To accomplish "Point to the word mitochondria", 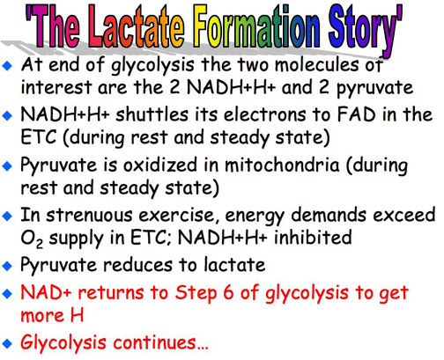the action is click(282, 165).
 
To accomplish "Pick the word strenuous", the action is click(89, 215).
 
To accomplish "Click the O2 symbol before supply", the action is click(32, 239).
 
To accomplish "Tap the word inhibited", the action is click(313, 237).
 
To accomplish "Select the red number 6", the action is click(228, 292).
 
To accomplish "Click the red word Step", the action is click(196, 293).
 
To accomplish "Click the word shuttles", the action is click(152, 114).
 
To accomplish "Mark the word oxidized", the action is click(160, 165).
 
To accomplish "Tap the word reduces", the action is click(137, 265).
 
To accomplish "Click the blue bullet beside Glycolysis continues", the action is click(7, 343).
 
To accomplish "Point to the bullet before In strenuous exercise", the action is click(7, 217).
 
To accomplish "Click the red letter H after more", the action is click(77, 315).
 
